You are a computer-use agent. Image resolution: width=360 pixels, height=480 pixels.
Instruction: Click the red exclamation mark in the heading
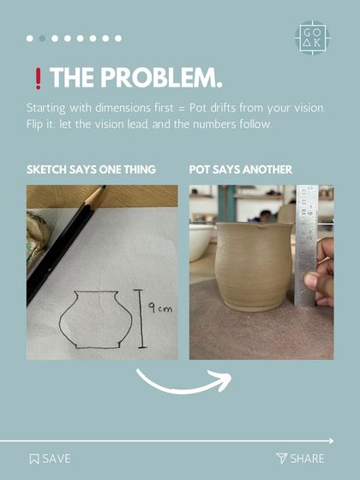tap(37, 80)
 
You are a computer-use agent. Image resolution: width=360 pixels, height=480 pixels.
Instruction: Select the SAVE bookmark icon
tap(33, 459)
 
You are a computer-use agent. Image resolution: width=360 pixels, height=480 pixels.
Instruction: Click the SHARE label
tap(307, 459)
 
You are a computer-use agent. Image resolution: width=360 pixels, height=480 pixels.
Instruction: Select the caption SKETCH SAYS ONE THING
tap(91, 170)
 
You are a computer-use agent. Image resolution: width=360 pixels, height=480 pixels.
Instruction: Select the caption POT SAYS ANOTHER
tap(240, 170)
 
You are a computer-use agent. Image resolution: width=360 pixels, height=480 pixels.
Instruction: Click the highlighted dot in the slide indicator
tap(42, 39)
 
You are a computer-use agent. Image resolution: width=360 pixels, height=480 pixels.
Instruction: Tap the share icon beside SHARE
tap(280, 459)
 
